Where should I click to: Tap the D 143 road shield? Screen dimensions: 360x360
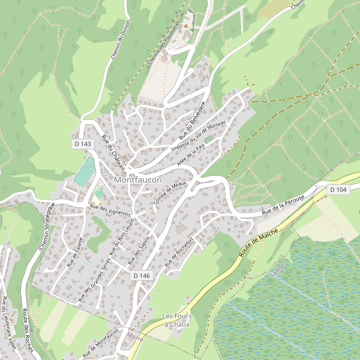point(83,144)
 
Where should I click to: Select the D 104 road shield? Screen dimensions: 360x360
point(338,190)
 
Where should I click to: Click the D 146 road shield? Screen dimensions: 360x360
point(141,275)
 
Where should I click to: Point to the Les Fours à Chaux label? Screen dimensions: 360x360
point(176,320)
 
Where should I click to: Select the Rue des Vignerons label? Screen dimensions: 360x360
point(110,211)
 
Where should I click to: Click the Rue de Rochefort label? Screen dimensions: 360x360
point(179,251)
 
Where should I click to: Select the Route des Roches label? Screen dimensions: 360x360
point(26,331)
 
